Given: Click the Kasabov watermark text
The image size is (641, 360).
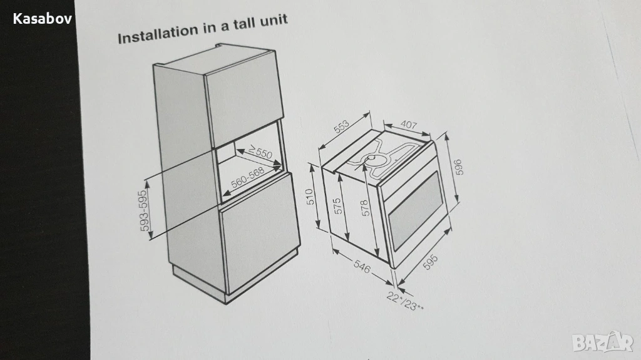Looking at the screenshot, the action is pos(43,19).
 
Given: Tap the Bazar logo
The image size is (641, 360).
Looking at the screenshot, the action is pos(603,342).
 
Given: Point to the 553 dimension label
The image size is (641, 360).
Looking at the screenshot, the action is pos(342,127).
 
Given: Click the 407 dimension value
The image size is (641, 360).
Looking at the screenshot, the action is pos(408,125).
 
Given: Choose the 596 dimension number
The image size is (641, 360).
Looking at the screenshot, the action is pos(458,167).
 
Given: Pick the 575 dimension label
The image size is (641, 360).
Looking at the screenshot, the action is pos(337,206).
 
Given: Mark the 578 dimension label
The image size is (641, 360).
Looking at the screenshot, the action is pos(366,208).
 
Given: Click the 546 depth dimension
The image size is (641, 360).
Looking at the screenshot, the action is pos(361,267).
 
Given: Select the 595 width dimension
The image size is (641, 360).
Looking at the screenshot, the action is pos(430,262).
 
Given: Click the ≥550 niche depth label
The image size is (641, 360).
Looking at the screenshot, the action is pos(260,153).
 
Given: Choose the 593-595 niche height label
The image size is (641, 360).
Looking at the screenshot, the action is pos(145,211).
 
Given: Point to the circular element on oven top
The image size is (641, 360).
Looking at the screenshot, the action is pos(372,159).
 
